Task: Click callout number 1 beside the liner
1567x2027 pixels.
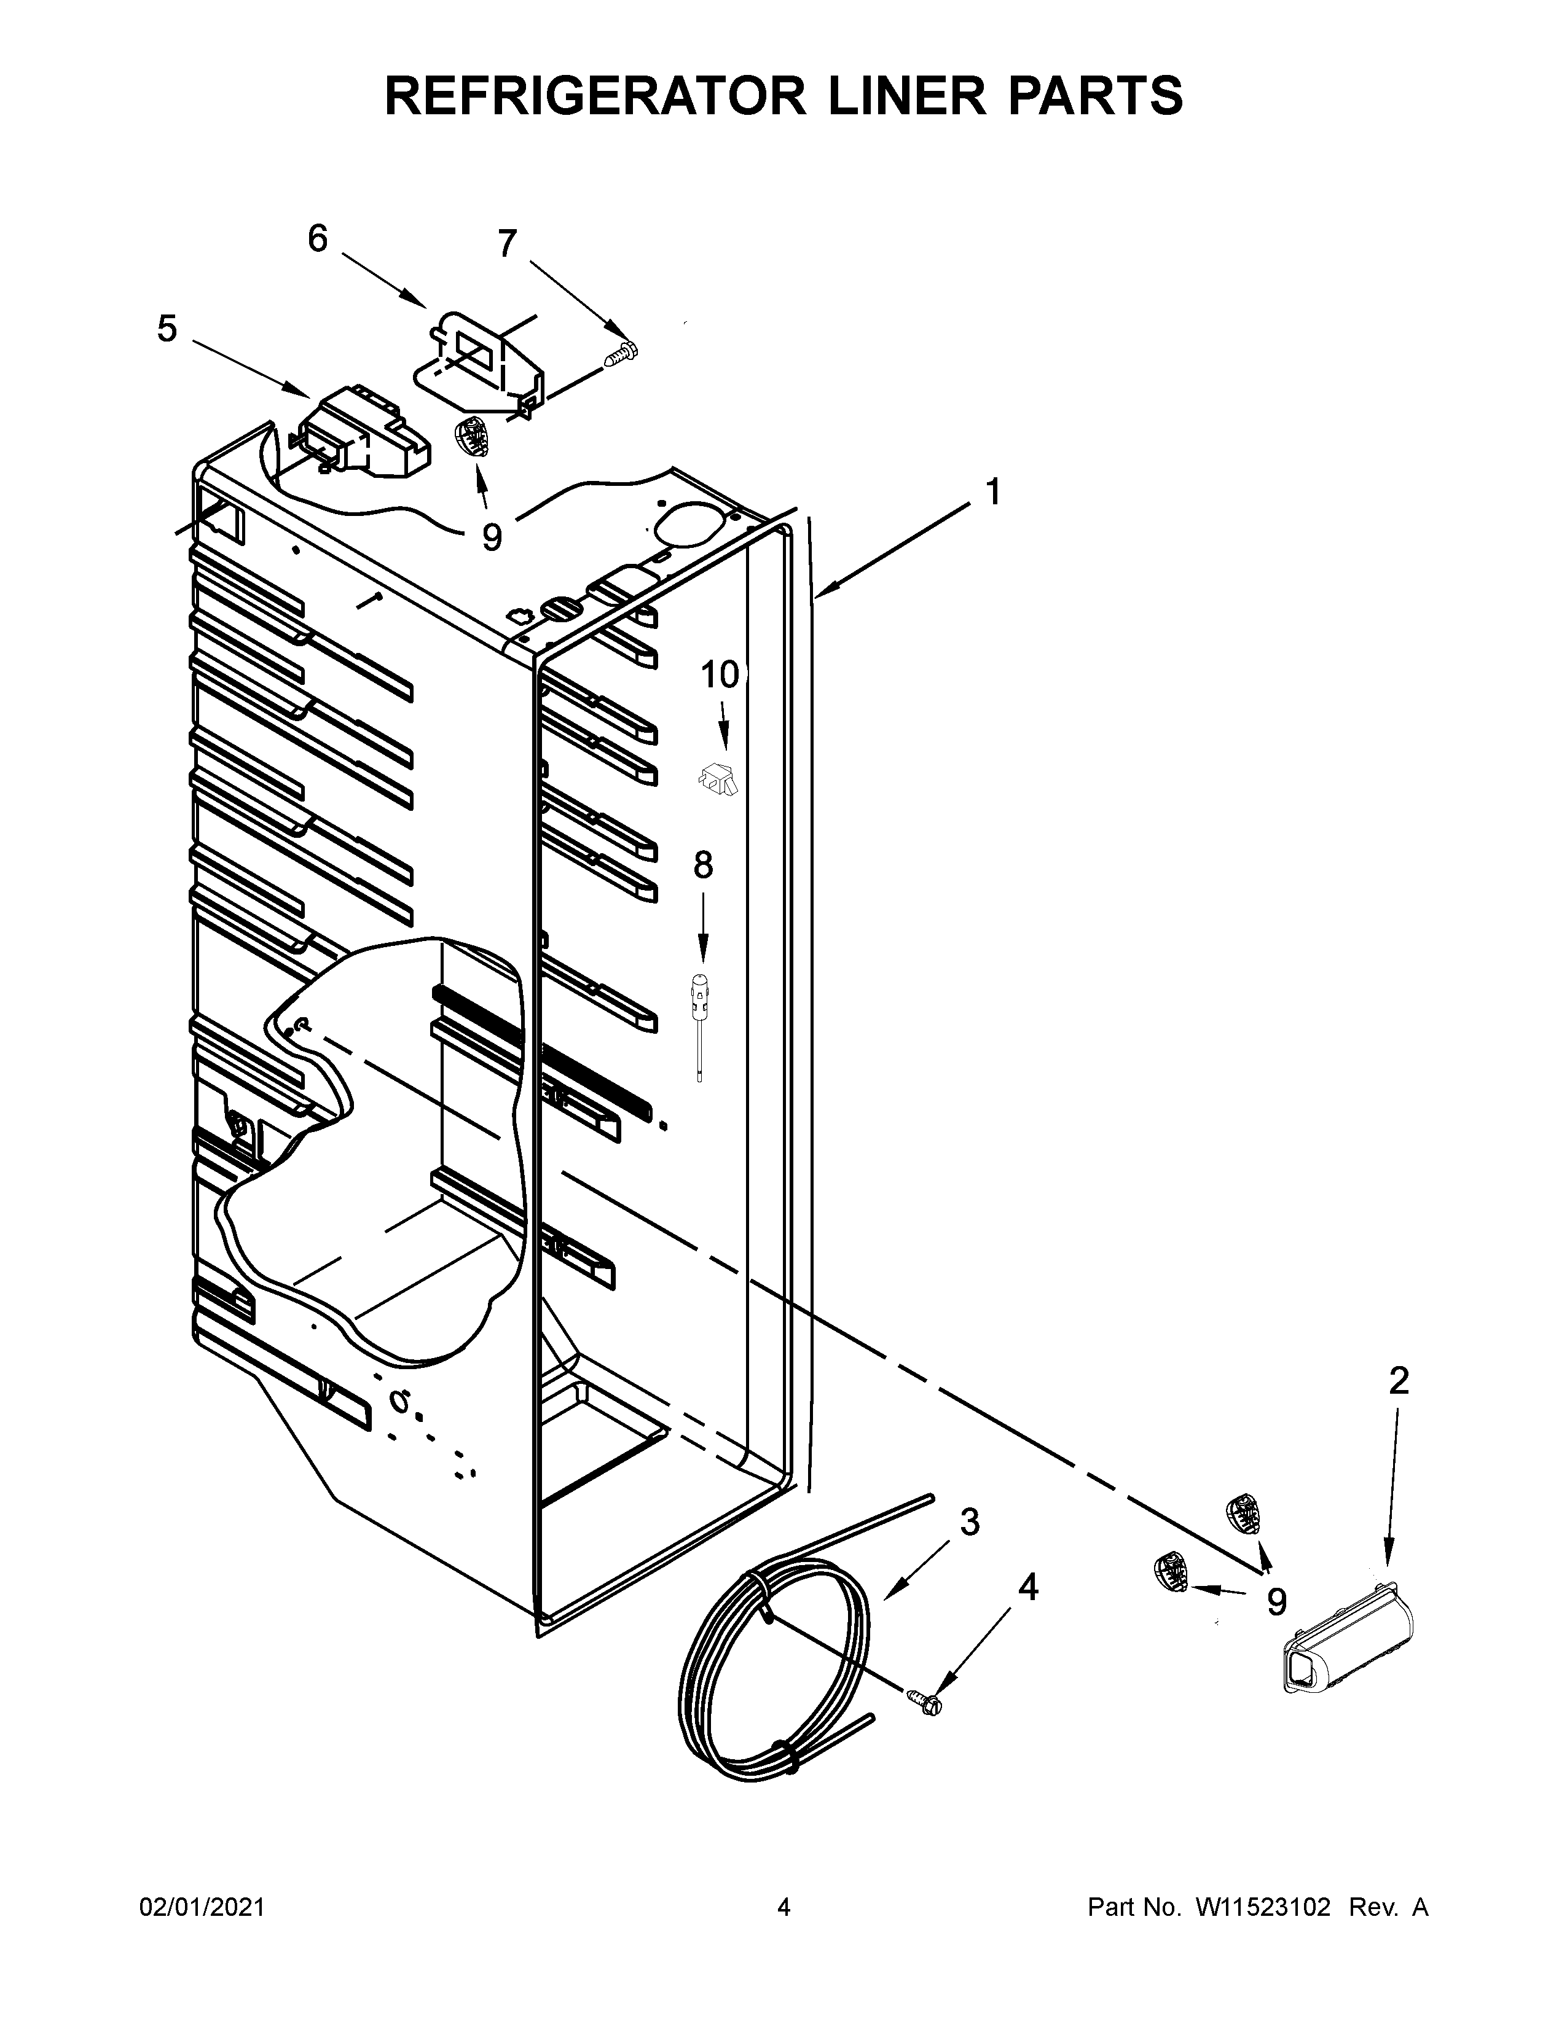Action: tap(992, 492)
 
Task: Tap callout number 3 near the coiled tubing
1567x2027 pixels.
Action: tap(969, 1521)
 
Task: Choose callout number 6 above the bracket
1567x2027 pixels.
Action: tap(318, 240)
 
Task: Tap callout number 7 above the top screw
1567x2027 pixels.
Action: tap(506, 244)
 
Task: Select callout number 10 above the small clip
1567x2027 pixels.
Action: tap(720, 674)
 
